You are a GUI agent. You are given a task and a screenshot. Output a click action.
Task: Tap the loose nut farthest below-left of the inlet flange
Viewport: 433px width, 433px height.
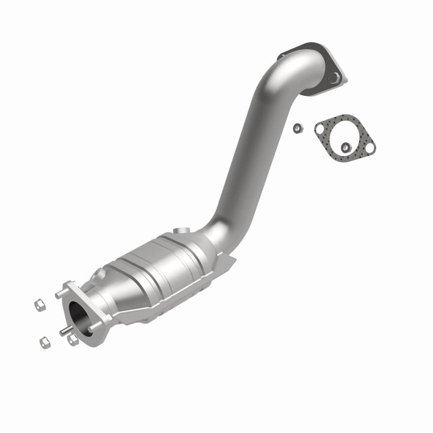click(x=45, y=343)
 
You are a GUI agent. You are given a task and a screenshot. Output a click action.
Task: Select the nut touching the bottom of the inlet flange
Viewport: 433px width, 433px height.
click(x=73, y=340)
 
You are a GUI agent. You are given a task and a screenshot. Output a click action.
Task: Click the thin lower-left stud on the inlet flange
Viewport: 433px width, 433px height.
click(x=63, y=330)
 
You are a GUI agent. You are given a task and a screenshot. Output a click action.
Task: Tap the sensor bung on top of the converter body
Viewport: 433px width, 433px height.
click(x=179, y=231)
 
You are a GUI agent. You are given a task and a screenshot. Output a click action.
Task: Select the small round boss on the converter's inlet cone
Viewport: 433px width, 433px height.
click(x=100, y=275)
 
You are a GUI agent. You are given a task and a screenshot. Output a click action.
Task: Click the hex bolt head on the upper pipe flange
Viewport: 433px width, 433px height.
click(x=333, y=77)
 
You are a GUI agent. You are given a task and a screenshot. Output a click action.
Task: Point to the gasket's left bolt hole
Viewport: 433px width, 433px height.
click(x=320, y=127)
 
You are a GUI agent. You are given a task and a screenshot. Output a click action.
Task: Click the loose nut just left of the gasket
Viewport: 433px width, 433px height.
click(x=297, y=128)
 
